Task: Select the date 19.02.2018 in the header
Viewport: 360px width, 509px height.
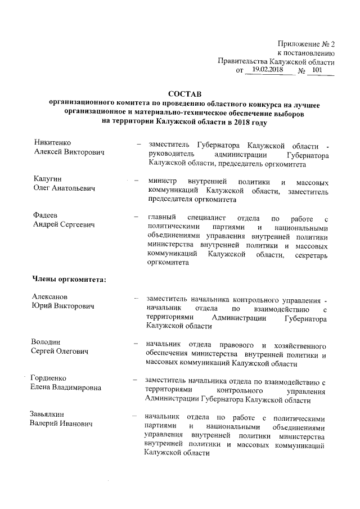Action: point(268,70)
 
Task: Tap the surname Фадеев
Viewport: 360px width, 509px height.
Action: point(46,217)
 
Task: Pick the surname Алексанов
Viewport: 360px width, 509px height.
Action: point(50,297)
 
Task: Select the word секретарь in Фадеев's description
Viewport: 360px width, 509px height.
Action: point(308,256)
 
